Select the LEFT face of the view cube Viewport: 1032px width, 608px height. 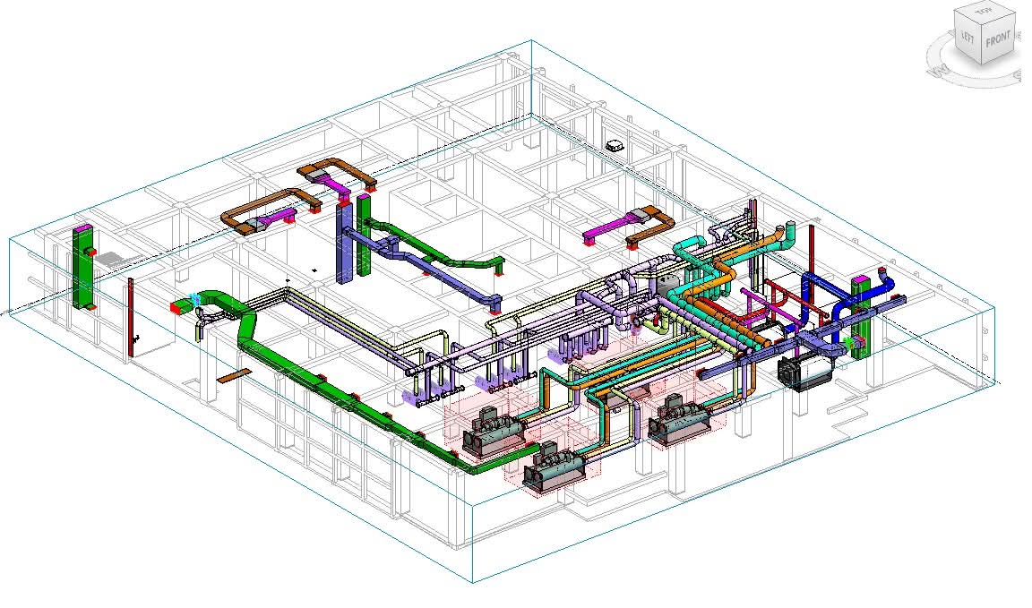pos(967,36)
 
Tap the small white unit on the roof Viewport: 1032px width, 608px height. pos(615,145)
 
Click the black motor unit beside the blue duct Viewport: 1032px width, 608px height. pos(805,372)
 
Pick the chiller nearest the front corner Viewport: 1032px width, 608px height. pos(555,469)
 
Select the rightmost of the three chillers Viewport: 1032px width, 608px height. pos(678,420)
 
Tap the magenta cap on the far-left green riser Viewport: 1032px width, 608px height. pos(82,228)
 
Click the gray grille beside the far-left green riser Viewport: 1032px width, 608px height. pos(112,261)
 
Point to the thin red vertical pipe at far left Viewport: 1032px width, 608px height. pos(130,317)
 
